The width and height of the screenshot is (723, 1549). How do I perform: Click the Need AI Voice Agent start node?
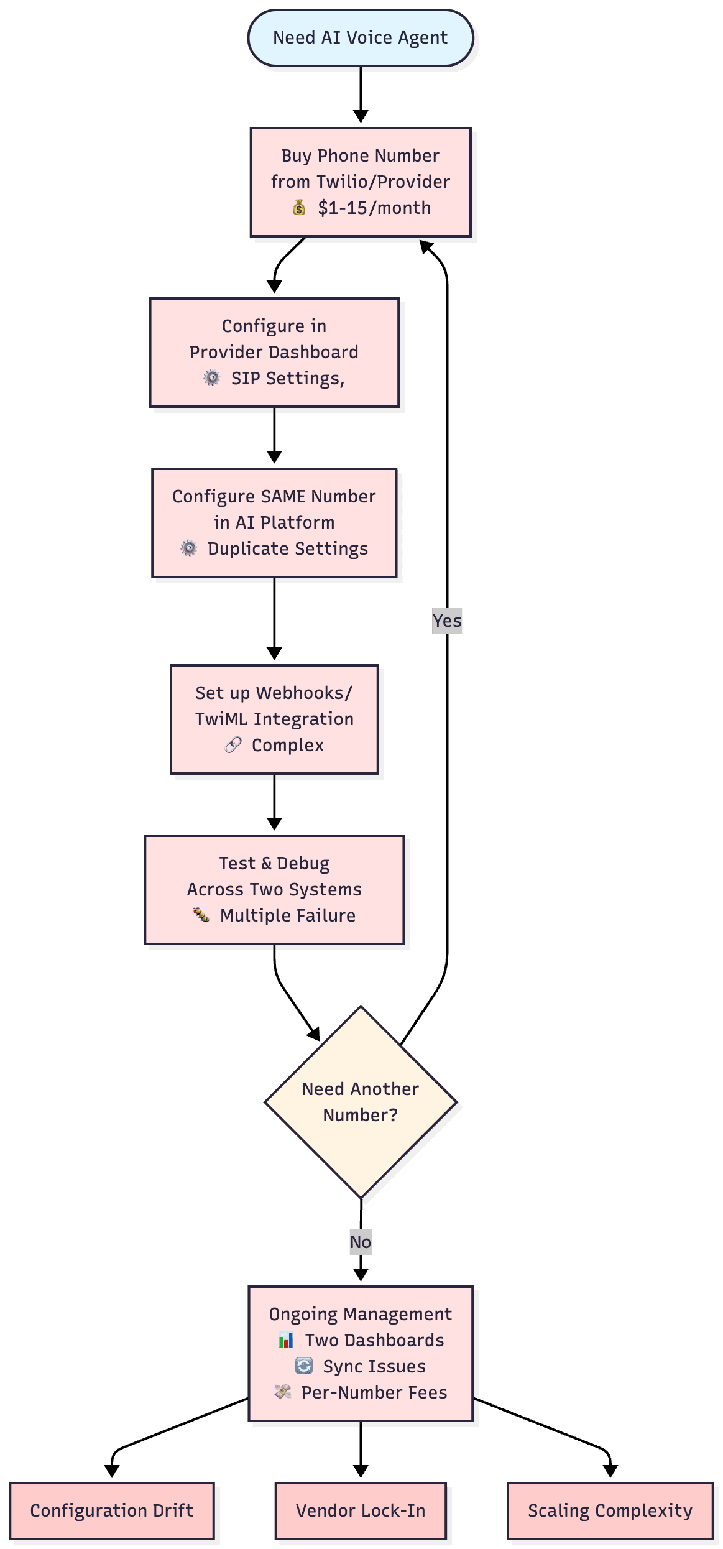[361, 38]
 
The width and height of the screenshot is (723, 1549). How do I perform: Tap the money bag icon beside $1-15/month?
[299, 208]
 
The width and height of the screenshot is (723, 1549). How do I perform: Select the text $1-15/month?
[374, 208]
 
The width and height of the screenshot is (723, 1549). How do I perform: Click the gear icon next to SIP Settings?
[212, 378]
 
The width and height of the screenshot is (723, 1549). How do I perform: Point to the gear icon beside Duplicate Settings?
[189, 548]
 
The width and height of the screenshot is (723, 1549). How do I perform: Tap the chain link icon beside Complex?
[233, 745]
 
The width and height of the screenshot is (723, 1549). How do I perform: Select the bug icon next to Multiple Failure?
[201, 915]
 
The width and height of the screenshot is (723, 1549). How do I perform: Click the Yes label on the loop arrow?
[447, 621]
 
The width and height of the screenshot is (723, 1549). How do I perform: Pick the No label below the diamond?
[361, 1242]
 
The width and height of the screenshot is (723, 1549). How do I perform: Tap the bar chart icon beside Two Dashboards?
[286, 1340]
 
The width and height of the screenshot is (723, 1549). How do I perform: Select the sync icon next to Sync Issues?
[304, 1366]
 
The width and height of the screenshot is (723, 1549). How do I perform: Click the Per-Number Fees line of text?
[374, 1392]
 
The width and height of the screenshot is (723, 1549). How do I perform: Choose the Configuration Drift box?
[112, 1510]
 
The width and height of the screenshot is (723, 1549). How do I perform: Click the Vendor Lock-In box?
[361, 1510]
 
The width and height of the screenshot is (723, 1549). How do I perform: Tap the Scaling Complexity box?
[610, 1510]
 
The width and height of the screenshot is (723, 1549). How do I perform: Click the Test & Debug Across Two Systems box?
[274, 889]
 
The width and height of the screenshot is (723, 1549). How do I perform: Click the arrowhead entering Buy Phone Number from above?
[361, 116]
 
